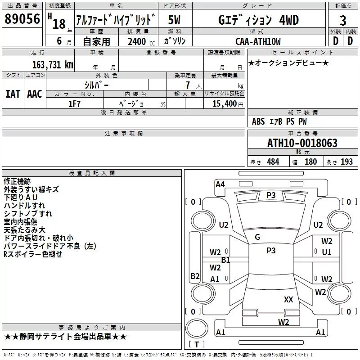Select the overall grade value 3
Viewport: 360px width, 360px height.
343,21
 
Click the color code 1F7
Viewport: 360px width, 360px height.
74,103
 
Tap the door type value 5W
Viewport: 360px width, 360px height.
175,20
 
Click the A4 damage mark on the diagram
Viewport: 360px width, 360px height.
220,184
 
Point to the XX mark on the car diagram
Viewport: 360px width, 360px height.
288,299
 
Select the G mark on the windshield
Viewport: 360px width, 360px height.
257,237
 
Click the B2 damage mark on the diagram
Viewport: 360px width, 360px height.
195,276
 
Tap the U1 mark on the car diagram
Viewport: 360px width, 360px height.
326,252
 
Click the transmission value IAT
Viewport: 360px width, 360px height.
13,94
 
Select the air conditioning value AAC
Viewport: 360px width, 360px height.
34,94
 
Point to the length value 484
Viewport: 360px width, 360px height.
272,162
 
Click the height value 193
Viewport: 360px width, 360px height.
346,162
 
